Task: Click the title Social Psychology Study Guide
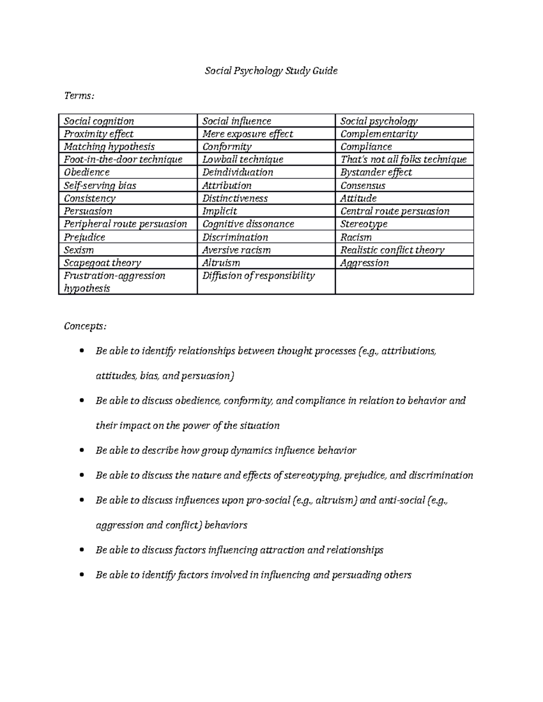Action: tap(271, 71)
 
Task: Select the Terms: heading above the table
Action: tap(79, 96)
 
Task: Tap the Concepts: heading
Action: tap(86, 326)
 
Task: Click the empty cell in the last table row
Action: tap(404, 282)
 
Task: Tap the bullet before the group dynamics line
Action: tap(81, 451)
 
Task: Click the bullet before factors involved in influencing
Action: tap(81, 575)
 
